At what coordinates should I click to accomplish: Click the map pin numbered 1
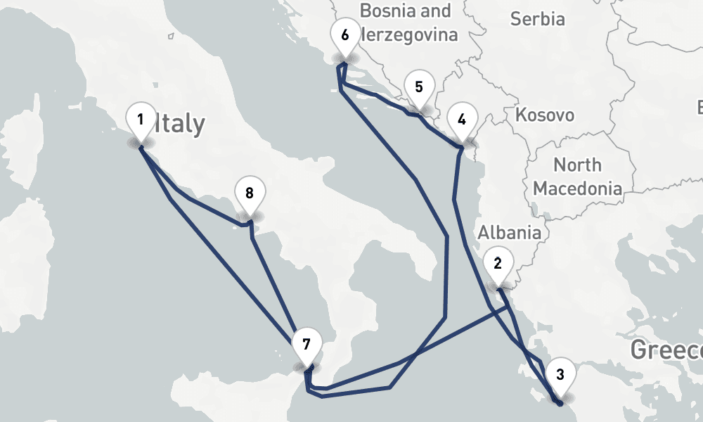pyautogui.click(x=141, y=121)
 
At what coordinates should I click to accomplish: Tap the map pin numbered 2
pyautogui.click(x=498, y=265)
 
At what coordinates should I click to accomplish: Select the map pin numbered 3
pyautogui.click(x=560, y=375)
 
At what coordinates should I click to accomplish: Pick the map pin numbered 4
pyautogui.click(x=461, y=120)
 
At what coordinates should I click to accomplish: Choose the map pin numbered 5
pyautogui.click(x=419, y=89)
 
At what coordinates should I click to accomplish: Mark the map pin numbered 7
pyautogui.click(x=306, y=345)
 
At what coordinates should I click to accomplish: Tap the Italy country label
pyautogui.click(x=180, y=124)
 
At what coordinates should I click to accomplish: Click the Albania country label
pyautogui.click(x=510, y=233)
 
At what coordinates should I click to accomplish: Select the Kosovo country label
pyautogui.click(x=544, y=115)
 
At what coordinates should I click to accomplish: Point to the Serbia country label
pyautogui.click(x=538, y=19)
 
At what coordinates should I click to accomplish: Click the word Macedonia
pyautogui.click(x=577, y=188)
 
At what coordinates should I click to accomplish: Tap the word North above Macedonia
pyautogui.click(x=577, y=165)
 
